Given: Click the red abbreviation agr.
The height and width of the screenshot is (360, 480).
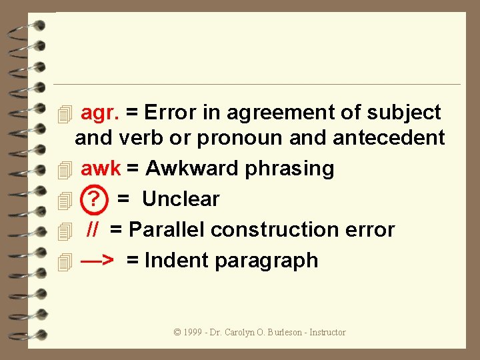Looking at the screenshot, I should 100,113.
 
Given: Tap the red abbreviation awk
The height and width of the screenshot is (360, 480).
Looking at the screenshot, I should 101,169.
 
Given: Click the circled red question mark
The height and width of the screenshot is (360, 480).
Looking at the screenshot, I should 93,199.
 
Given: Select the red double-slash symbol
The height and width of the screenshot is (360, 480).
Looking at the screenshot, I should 93,230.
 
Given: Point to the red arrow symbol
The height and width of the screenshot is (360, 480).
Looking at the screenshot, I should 96,260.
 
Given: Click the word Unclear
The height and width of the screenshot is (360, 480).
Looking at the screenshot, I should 181,199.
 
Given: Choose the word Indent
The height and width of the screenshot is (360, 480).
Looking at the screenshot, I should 175,260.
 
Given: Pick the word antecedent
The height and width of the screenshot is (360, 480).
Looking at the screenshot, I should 389,138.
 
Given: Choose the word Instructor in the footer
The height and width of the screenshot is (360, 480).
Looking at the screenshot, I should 327,332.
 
